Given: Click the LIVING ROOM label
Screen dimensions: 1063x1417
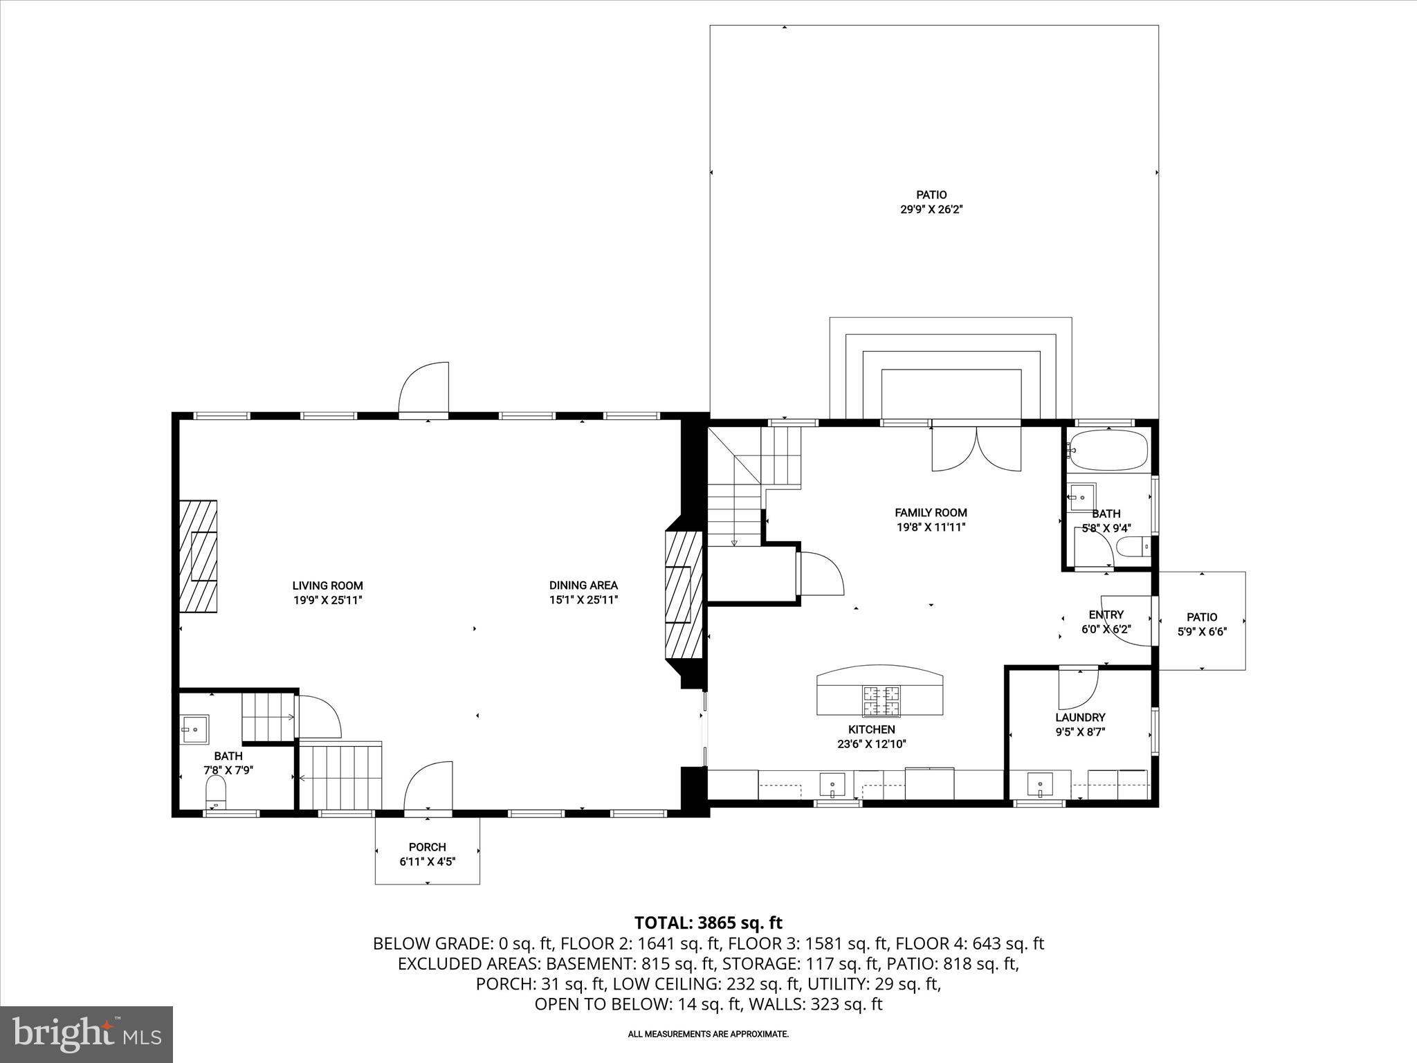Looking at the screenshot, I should click(x=327, y=585).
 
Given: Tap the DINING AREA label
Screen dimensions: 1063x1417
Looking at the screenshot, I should click(x=583, y=585).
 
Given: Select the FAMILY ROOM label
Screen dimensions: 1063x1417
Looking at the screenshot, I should click(x=931, y=513).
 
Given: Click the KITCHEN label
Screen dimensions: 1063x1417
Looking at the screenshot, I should click(x=872, y=729).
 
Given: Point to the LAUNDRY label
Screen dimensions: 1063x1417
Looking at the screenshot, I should click(x=1080, y=718).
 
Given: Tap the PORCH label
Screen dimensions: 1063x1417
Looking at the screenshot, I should click(x=427, y=847).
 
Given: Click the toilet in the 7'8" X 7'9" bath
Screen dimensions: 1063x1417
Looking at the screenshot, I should click(x=217, y=791).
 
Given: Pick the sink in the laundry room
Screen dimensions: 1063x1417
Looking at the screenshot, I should click(x=1041, y=785).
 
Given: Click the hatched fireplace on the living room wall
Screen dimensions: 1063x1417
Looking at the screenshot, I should click(x=198, y=556).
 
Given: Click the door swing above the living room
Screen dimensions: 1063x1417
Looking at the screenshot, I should click(x=424, y=388).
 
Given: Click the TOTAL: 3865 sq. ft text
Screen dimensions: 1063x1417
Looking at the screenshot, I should click(x=708, y=923).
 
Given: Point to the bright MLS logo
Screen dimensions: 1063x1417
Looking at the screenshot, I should click(x=86, y=1033).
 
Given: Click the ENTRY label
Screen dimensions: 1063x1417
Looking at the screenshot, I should click(x=1106, y=615).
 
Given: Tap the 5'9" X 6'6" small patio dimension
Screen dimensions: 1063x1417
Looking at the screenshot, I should click(x=1202, y=632).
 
